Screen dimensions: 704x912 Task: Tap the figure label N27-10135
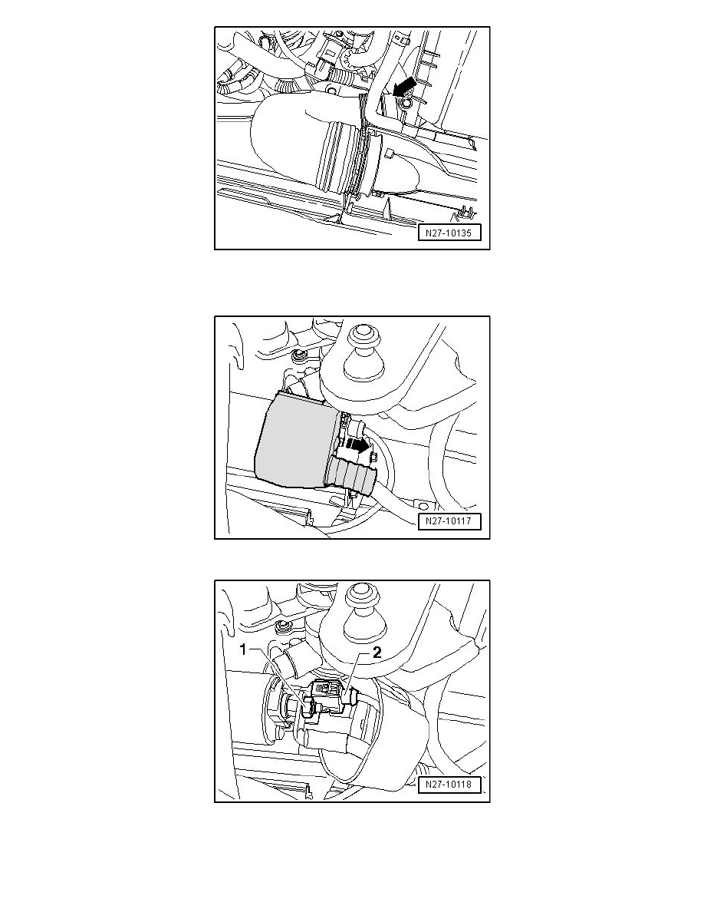(449, 233)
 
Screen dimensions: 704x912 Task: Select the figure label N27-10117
(449, 521)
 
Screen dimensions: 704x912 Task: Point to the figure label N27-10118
(449, 785)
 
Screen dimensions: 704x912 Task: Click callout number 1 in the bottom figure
(245, 649)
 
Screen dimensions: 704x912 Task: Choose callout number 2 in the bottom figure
(377, 653)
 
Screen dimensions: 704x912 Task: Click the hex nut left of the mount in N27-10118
(284, 626)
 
